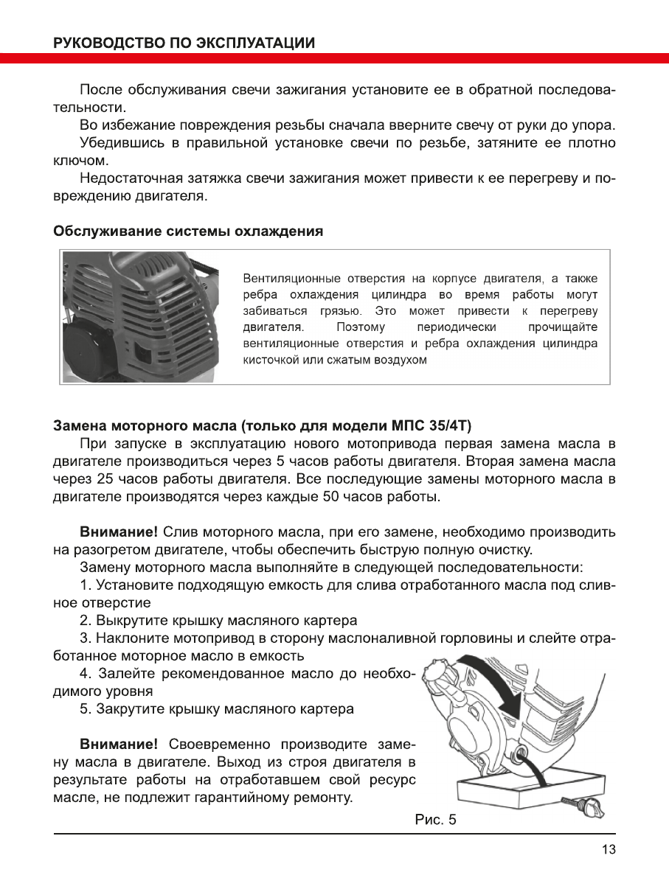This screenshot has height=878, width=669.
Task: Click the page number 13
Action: tap(609, 849)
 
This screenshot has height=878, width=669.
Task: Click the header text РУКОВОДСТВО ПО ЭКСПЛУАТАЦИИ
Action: tap(184, 43)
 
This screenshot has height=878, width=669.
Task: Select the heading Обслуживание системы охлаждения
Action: tap(188, 231)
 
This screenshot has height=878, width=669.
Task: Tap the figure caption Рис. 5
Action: tap(437, 820)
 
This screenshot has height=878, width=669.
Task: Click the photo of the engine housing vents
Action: tap(140, 316)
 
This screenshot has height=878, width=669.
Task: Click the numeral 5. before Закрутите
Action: tap(85, 709)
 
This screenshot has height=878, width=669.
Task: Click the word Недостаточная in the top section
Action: tap(130, 178)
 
